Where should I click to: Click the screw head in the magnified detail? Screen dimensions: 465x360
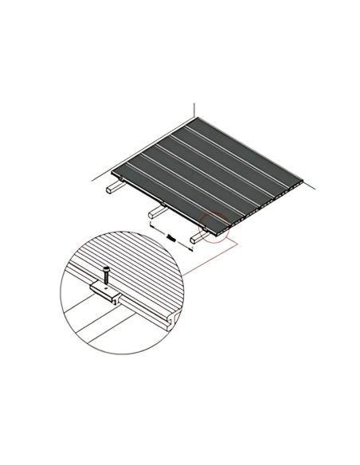coord(105,270)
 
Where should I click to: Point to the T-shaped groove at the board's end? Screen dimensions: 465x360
coord(170,321)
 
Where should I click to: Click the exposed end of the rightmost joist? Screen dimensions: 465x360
coord(194,238)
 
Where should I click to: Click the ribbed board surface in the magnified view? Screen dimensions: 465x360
coord(139,263)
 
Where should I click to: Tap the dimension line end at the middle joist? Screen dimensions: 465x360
coord(151,225)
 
